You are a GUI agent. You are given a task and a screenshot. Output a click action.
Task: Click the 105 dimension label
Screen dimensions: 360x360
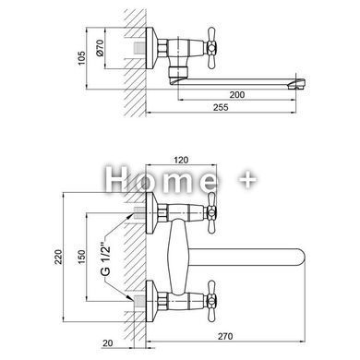(81, 58)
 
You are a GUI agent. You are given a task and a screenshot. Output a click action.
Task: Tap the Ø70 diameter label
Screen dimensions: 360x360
(101, 48)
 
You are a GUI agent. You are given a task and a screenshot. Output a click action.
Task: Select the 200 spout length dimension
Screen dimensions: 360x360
(237, 94)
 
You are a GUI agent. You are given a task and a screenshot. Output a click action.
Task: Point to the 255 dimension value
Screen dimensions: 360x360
(221, 107)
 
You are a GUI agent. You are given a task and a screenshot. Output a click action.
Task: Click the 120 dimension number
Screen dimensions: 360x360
(181, 160)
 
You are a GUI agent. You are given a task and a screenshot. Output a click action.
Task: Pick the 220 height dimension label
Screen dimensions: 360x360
(58, 257)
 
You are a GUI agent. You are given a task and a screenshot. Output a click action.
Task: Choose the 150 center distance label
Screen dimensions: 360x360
(81, 257)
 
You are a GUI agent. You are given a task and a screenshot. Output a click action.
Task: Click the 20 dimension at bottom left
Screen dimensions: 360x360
(108, 342)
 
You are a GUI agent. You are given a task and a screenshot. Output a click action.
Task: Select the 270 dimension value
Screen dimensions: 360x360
(225, 336)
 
